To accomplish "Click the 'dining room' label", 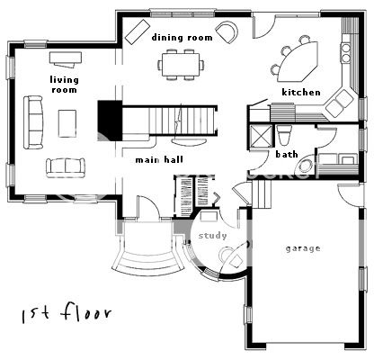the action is point(182,38).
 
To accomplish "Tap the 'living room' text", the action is point(64,85).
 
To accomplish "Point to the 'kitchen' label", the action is point(301,92).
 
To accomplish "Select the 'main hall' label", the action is point(159,159).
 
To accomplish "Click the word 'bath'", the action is point(287,154).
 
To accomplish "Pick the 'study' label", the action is point(212,236).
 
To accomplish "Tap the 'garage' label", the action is point(303,248).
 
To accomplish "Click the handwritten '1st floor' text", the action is point(67,313).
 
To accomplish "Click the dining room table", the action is point(181,65).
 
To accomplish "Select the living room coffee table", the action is point(67,123).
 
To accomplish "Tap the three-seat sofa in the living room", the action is point(33,122).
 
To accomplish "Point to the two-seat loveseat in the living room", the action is point(66,167).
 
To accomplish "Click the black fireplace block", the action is point(110,121).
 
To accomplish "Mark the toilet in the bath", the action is point(284,135).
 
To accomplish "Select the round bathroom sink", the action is point(306,166).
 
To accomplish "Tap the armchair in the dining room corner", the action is point(227,31).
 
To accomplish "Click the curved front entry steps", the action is point(148,262).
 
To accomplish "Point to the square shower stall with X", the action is point(262,136).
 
